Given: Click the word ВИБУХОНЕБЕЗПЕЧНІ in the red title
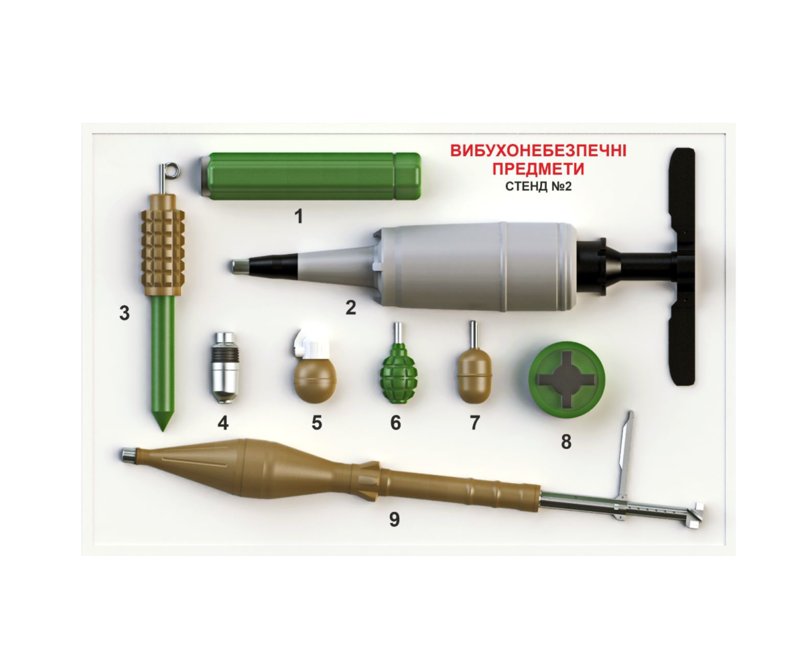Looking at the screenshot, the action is tap(538, 151).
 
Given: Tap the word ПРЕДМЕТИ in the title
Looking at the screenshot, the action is tap(538, 169).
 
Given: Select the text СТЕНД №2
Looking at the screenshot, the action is tap(538, 186).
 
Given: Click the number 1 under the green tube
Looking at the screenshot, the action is tap(299, 216).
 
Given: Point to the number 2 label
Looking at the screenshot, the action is tap(350, 308).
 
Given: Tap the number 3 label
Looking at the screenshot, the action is tap(124, 313).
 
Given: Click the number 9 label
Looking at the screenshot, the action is tap(395, 519).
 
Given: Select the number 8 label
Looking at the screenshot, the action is tap(566, 442).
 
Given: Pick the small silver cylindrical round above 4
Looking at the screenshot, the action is tap(225, 368).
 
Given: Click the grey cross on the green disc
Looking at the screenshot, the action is tap(566, 380).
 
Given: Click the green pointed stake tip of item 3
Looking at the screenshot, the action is tap(163, 421).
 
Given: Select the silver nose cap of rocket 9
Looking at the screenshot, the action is tap(128, 455).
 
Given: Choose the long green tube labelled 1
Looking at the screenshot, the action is tap(311, 176).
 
